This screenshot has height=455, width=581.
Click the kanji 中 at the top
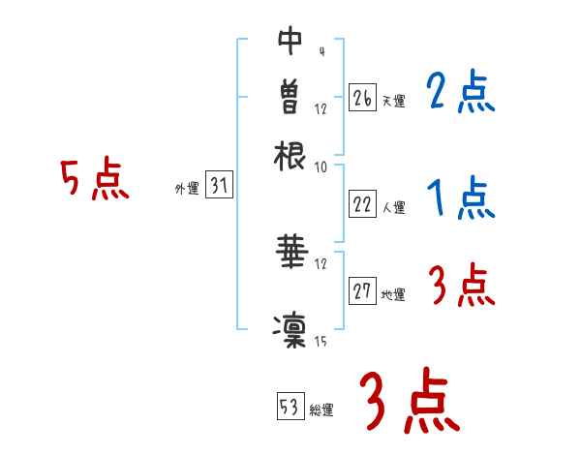(x=290, y=42)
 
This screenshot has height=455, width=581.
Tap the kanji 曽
(x=290, y=97)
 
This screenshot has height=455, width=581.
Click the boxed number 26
(x=361, y=97)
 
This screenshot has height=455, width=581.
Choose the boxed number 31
(x=219, y=187)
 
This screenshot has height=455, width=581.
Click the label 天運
(x=393, y=101)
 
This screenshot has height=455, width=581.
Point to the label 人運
(x=394, y=207)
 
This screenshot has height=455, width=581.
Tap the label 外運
(x=187, y=190)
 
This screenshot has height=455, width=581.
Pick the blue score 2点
(x=460, y=93)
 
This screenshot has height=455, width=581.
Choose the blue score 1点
(x=460, y=199)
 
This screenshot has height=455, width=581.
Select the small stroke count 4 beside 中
(x=321, y=51)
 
